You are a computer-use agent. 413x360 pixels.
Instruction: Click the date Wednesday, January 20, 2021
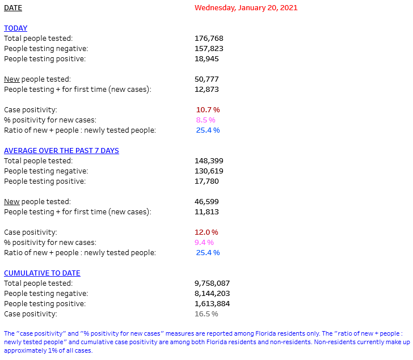click(x=246, y=8)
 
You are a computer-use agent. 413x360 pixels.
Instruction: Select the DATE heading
click(x=13, y=8)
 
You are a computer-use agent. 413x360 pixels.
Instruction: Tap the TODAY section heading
click(x=15, y=28)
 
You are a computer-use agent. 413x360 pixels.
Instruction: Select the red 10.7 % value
click(x=208, y=110)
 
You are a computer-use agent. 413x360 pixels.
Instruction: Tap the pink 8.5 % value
click(x=206, y=120)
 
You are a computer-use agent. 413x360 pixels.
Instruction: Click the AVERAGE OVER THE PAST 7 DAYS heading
click(x=61, y=151)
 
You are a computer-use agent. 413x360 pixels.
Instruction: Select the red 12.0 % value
click(x=207, y=232)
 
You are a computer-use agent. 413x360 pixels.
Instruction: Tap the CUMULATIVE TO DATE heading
click(x=42, y=273)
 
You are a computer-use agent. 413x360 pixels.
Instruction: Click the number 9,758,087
click(x=212, y=283)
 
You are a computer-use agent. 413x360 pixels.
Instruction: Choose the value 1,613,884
click(x=212, y=304)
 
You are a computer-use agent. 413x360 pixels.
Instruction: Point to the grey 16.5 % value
click(x=206, y=314)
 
